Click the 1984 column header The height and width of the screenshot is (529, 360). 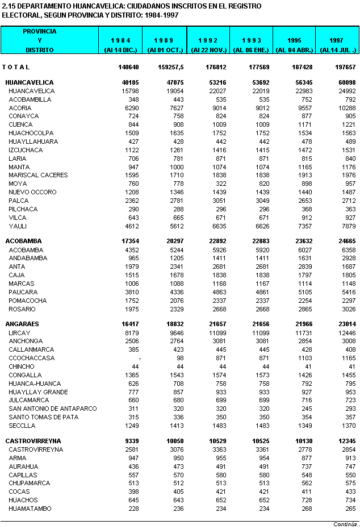pos(122,40)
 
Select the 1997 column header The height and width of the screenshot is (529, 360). pos(338,40)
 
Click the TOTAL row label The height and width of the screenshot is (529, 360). pos(16,67)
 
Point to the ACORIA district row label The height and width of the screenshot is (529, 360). pos(20,107)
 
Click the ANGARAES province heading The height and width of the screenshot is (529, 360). pos(23,323)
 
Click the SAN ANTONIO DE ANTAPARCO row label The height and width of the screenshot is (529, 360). pos(53,409)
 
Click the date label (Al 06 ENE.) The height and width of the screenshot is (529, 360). pos(252,50)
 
